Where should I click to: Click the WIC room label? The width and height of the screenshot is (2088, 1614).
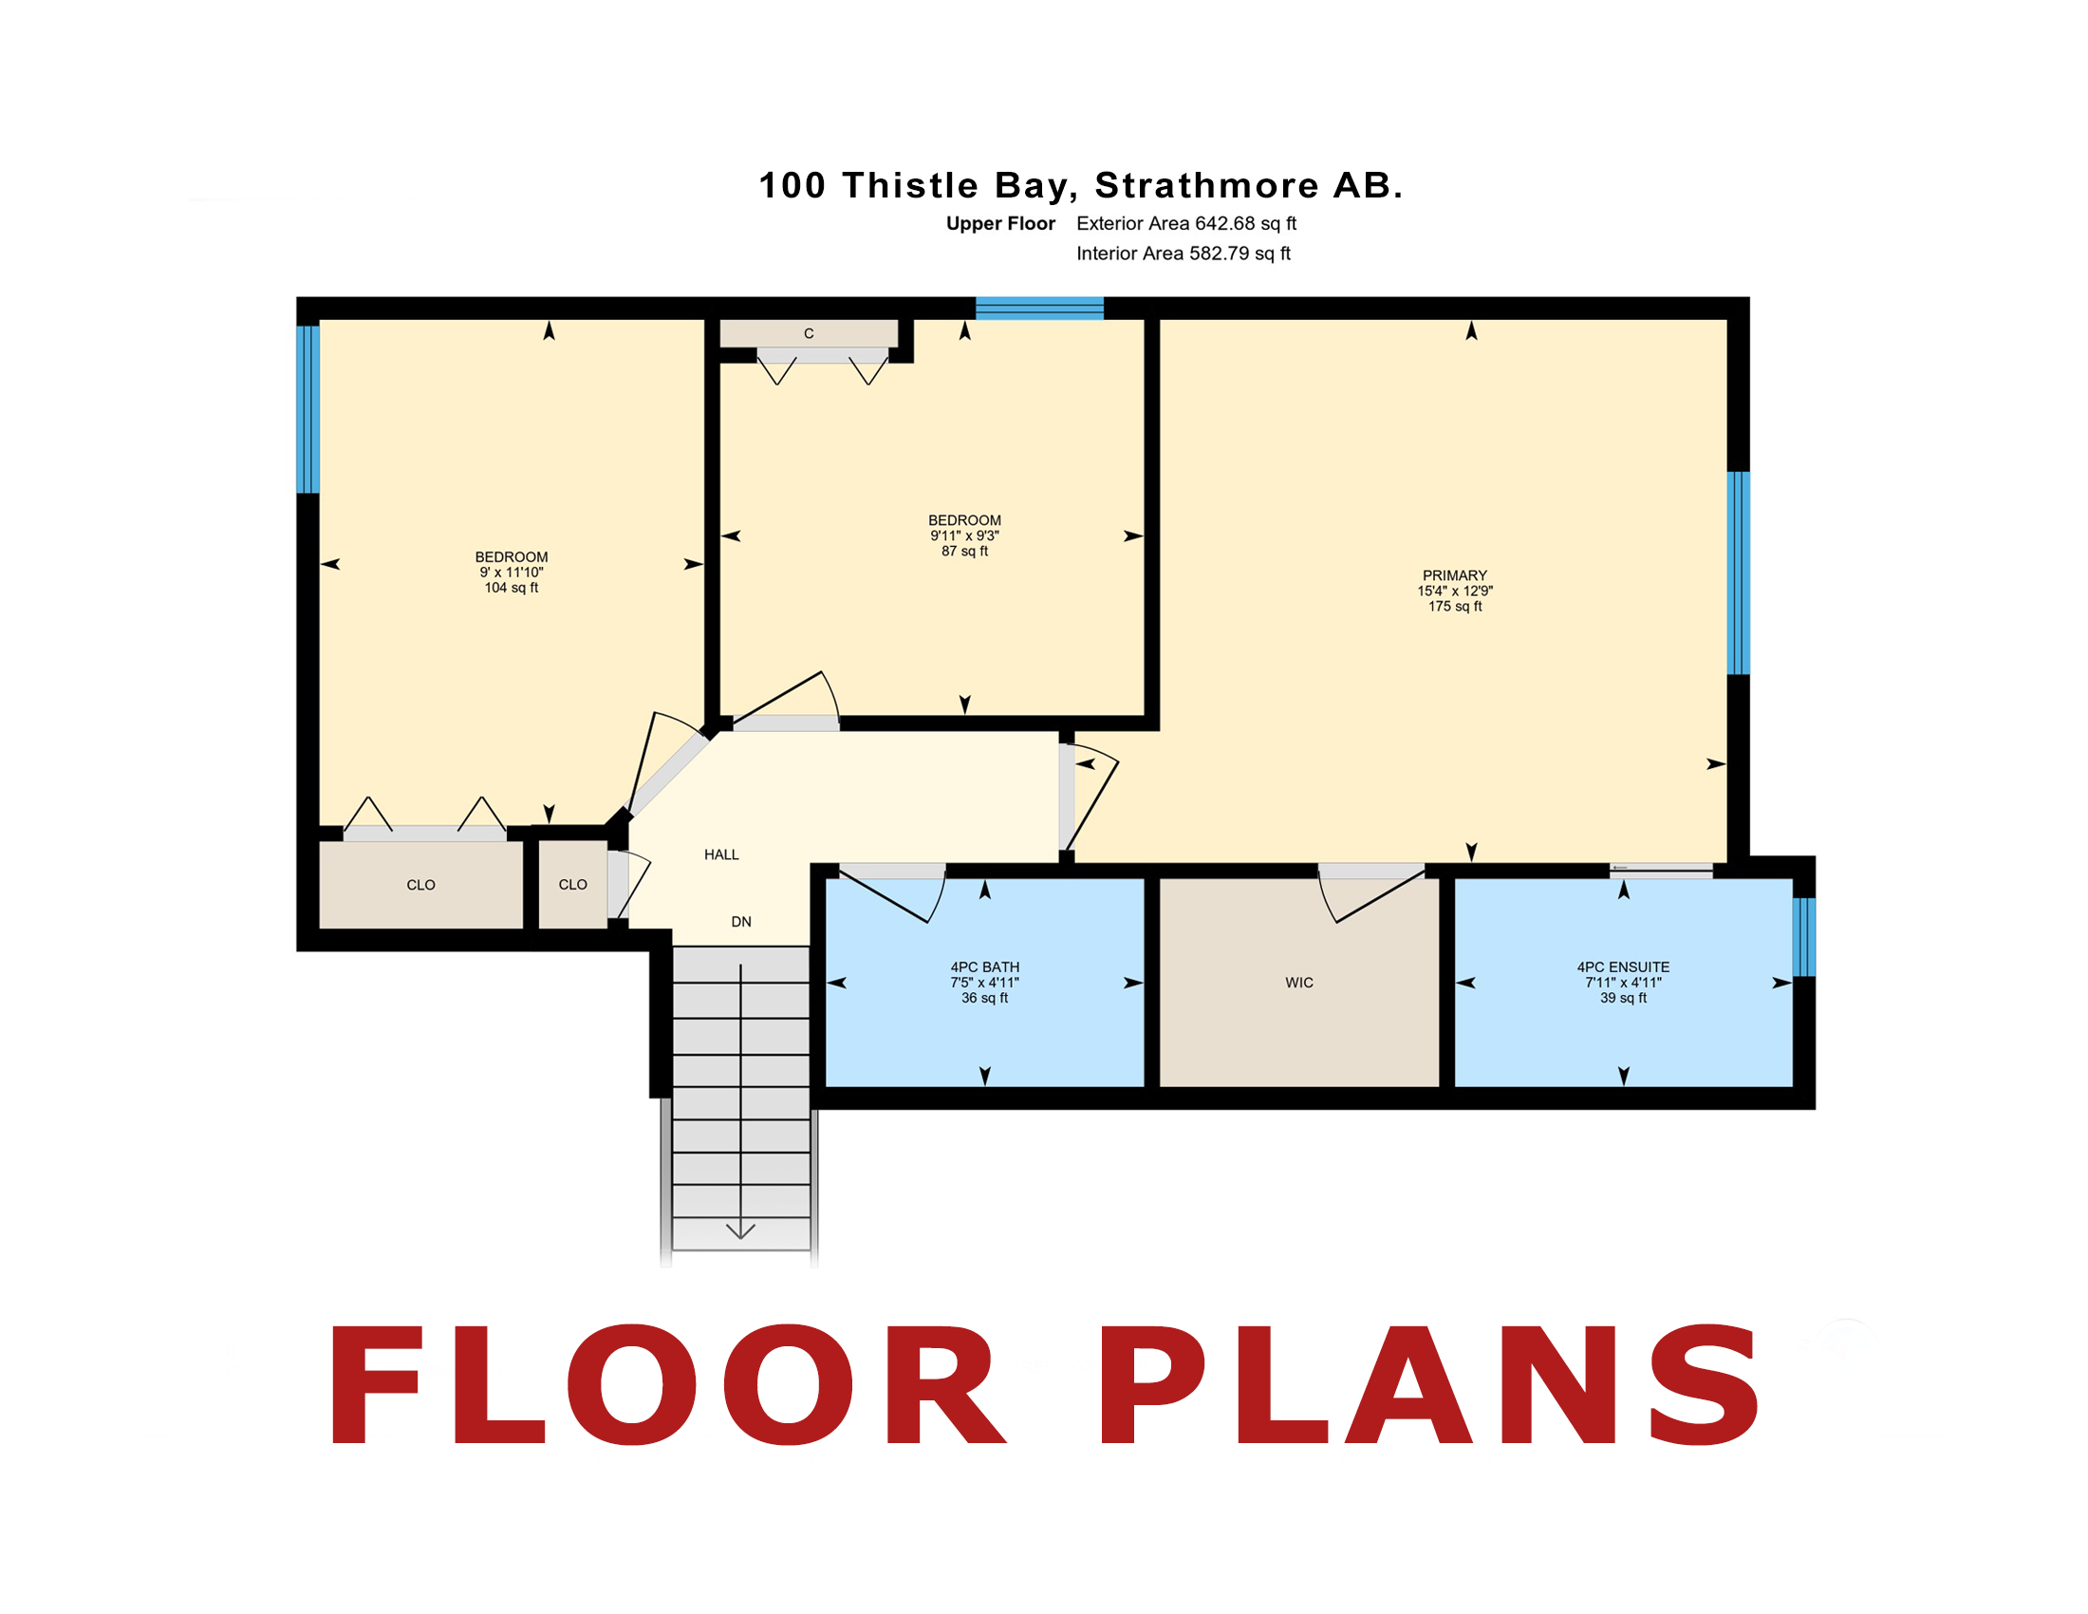pos(1298,982)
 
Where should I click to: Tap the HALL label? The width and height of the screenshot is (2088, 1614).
pos(721,854)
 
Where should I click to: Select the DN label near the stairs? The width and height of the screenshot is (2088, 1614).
pos(741,921)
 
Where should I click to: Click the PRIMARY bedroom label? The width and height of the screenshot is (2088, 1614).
pos(1454,574)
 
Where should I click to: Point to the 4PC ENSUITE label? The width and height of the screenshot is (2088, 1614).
pos(1622,967)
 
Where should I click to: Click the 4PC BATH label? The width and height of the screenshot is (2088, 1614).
pos(984,967)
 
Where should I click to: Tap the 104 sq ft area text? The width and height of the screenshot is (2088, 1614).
pos(511,587)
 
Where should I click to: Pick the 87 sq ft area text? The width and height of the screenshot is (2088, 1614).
pos(963,551)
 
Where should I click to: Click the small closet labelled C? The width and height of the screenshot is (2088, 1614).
pos(808,332)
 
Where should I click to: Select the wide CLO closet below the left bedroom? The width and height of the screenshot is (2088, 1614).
pos(420,885)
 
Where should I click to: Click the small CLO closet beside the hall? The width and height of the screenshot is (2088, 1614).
pos(572,885)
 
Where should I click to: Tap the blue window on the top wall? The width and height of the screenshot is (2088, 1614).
pos(1039,308)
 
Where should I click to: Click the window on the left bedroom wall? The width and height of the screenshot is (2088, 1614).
pos(308,409)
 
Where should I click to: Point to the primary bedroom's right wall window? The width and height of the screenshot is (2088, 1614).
pos(1738,572)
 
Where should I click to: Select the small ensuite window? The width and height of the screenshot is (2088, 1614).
pos(1803,937)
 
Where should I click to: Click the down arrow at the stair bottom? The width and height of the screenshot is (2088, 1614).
pos(740,1230)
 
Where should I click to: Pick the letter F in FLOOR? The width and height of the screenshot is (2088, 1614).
pos(374,1384)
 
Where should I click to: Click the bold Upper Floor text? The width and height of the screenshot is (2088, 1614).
pos(1000,224)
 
